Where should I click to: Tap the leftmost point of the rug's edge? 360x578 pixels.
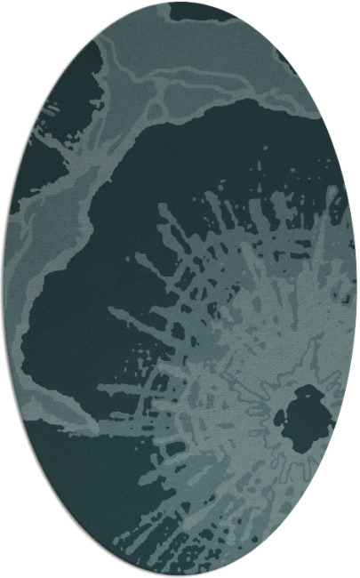pyautogui.click(x=4, y=289)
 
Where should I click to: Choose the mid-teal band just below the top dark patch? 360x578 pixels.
pyautogui.click(x=213, y=44)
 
